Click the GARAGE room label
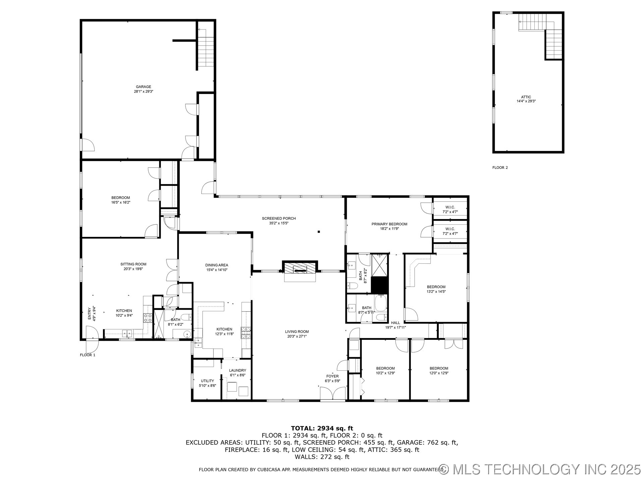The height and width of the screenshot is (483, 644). [x=143, y=87]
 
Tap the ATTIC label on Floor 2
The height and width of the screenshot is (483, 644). [x=526, y=97]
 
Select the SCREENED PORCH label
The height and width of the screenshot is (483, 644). [x=279, y=218]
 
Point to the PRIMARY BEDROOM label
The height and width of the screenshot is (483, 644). [x=389, y=224]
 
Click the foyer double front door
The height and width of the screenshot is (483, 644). [x=333, y=394]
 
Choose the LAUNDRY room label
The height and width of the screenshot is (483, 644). [x=237, y=370]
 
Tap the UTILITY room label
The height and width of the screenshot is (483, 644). [x=207, y=381]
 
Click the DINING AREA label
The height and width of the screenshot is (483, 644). [x=217, y=265]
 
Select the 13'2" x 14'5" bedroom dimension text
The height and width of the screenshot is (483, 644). [x=436, y=291]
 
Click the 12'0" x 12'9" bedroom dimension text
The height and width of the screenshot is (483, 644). [x=439, y=373]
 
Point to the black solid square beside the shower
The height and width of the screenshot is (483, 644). [x=379, y=285]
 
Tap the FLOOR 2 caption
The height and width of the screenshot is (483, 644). [x=500, y=167]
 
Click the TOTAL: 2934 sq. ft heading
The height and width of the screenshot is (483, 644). [x=322, y=428]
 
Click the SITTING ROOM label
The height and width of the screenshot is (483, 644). [x=133, y=264]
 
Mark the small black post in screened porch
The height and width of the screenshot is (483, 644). [x=319, y=231]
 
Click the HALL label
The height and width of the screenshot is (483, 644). [x=395, y=323]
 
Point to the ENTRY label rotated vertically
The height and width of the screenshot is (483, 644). [x=90, y=313]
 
